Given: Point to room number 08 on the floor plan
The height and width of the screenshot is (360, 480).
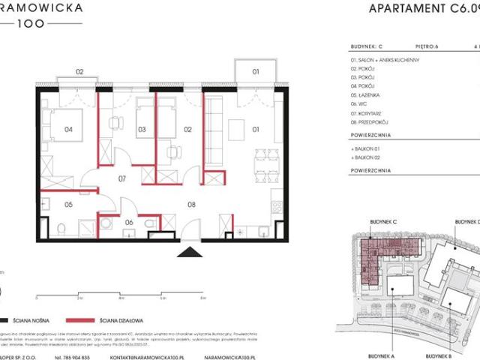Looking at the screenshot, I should tap(191, 203).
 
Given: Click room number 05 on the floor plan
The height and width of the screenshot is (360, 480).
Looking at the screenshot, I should tap(67, 204).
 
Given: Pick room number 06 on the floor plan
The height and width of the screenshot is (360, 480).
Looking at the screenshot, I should tap(128, 222).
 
